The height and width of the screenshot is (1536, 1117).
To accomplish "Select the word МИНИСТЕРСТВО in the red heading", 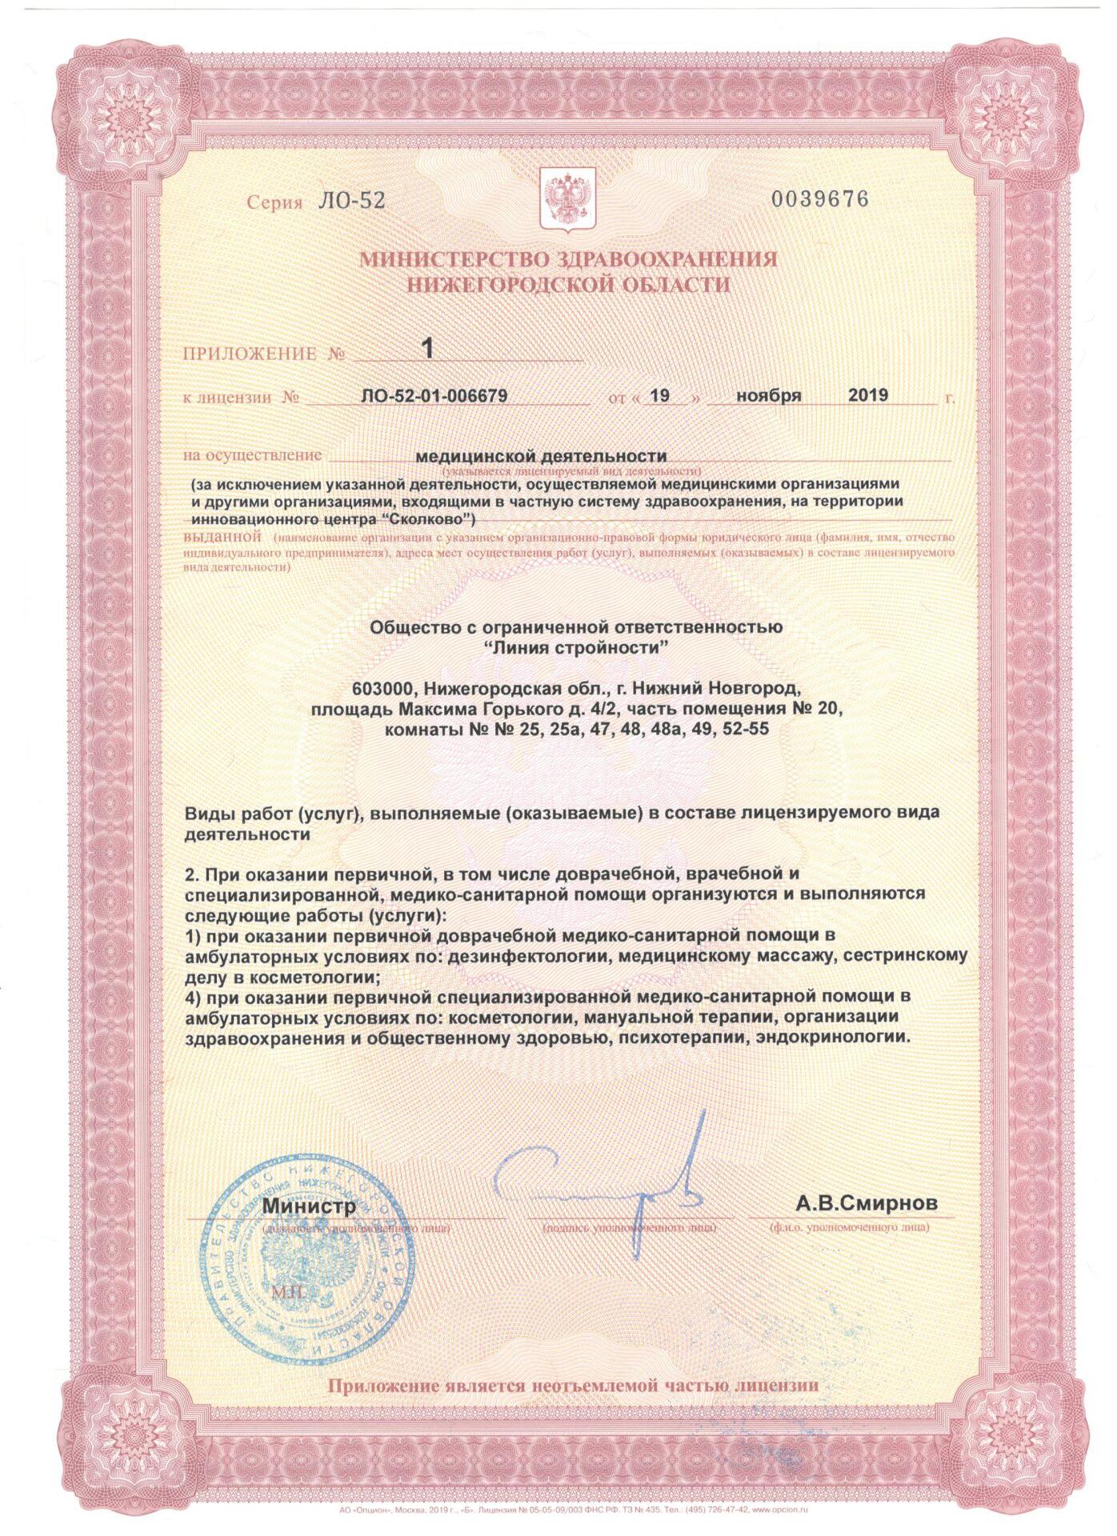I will (436, 259).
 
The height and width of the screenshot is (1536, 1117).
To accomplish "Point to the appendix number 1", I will (427, 348).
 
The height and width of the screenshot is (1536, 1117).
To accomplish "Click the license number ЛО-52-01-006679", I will (445, 395).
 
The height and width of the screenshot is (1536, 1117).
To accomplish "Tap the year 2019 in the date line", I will (867, 394).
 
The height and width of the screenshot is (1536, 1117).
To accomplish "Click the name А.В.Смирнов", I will (865, 1204).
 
